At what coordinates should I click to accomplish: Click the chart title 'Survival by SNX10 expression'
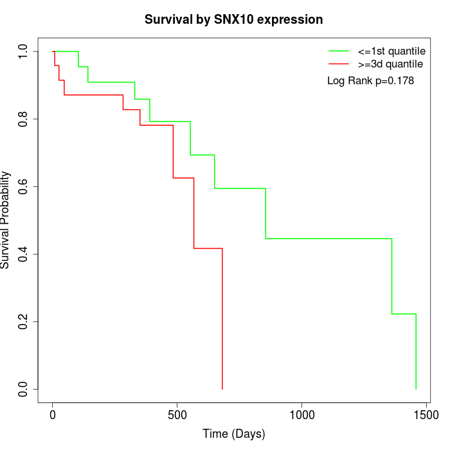[x=233, y=19]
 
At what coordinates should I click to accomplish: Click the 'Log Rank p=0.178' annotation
[x=370, y=81]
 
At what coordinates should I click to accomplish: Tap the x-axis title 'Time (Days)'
[x=233, y=434]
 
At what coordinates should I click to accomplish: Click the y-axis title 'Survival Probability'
[x=6, y=220]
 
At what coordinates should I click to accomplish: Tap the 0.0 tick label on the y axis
[x=24, y=389]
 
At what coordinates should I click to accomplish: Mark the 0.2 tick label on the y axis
[x=24, y=321]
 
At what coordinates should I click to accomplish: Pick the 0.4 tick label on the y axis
[x=24, y=254]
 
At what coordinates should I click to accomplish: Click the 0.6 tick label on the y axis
[x=24, y=186]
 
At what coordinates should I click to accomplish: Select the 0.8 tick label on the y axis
[x=24, y=119]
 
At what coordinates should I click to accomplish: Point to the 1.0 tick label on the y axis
[x=24, y=51]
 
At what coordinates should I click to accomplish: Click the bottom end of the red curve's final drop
[x=222, y=388]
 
